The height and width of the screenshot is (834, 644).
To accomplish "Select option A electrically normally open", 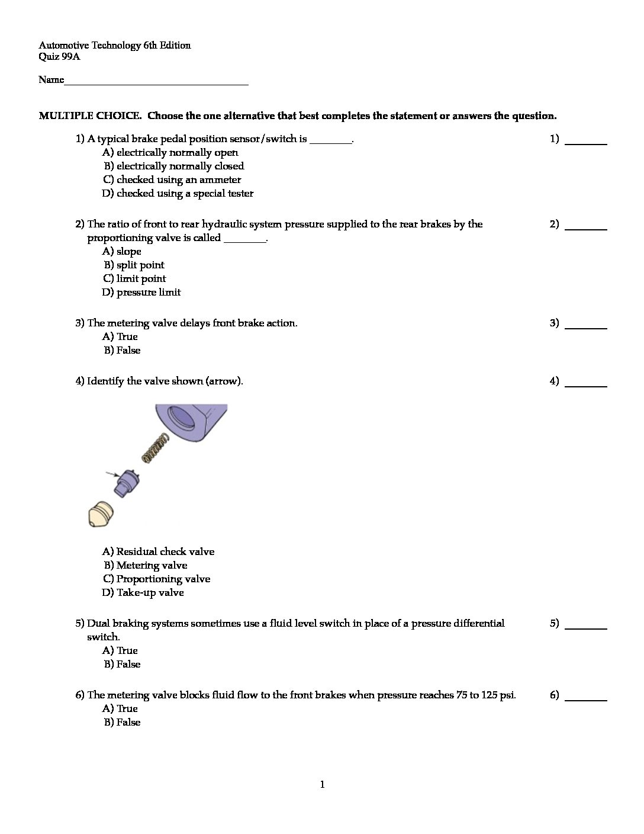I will (x=170, y=153).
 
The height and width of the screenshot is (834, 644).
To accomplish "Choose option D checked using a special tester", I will (x=178, y=194).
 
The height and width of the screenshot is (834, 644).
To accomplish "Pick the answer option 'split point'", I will (x=134, y=265).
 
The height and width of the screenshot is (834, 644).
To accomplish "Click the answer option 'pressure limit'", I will (x=141, y=293).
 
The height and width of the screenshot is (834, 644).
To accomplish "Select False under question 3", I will (x=123, y=351).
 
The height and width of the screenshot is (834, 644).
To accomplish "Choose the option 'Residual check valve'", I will (x=158, y=552).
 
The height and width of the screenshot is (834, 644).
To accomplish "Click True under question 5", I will (x=120, y=651).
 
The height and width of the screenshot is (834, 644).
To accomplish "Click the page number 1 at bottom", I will (x=322, y=785).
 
